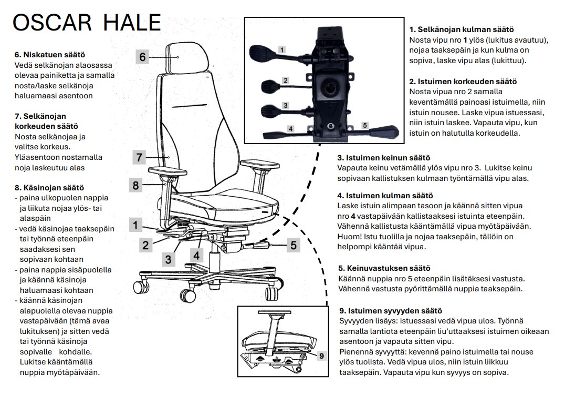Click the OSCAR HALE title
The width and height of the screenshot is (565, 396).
[x=86, y=22]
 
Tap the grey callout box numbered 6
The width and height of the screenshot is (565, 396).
[x=142, y=57]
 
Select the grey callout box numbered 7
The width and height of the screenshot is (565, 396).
[x=139, y=157]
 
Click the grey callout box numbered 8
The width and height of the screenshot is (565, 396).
[x=136, y=185]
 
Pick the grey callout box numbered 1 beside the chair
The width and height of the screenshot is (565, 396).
[x=135, y=226]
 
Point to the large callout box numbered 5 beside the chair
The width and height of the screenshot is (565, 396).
[x=293, y=245]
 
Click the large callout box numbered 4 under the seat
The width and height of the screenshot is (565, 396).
[x=196, y=256]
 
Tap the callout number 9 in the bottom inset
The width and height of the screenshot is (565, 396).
[x=321, y=356]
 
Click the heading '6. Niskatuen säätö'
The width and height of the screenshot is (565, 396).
[x=50, y=55]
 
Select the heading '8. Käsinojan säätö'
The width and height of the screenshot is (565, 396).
[x=49, y=187]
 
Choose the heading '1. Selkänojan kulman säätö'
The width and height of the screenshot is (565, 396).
[x=461, y=30]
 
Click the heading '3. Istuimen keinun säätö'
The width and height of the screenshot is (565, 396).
[x=383, y=158]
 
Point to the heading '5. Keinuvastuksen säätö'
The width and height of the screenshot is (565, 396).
[x=384, y=268]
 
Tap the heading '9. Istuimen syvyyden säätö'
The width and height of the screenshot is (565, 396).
[x=391, y=311]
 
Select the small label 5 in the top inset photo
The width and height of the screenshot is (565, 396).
[x=364, y=125]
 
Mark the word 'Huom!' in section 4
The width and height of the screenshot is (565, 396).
[x=349, y=237]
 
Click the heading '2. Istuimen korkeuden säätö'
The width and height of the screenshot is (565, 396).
[x=463, y=82]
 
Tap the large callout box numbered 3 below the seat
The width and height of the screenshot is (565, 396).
[x=168, y=259]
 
